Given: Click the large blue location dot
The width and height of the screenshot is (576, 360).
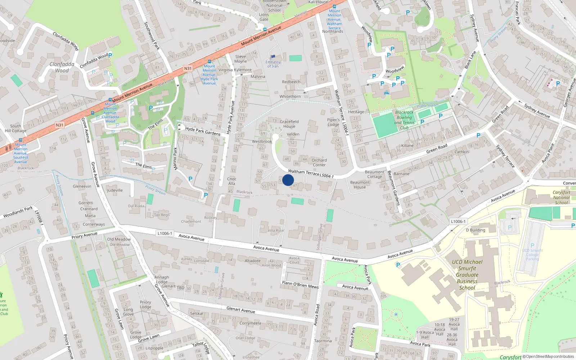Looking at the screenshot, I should [288, 180].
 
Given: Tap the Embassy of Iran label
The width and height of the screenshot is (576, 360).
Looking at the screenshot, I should [273, 64].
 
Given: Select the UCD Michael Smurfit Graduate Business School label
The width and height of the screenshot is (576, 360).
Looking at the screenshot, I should [467, 275].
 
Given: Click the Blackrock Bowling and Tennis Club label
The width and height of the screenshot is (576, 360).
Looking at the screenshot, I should [404, 120].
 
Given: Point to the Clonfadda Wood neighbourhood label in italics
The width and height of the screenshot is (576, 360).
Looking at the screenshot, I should [62, 67].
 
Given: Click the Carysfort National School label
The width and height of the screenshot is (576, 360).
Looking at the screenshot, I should [562, 197].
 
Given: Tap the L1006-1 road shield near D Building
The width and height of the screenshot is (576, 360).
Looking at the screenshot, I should [458, 221].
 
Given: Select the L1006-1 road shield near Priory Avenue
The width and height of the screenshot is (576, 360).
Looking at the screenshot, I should [165, 233].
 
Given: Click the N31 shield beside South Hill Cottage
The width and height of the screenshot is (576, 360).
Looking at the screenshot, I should [59, 125].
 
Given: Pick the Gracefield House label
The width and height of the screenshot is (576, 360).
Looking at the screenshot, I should [289, 124].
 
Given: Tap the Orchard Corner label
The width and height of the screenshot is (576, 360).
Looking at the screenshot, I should [319, 162].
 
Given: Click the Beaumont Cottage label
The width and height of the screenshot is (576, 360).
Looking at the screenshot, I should [375, 174].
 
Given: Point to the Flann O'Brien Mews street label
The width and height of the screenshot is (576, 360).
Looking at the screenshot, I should [300, 285].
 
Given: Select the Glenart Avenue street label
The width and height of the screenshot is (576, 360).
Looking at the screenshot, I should [240, 310].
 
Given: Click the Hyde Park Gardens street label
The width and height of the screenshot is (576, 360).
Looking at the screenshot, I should [203, 131].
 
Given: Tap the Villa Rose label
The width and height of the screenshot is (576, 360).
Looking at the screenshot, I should [276, 230].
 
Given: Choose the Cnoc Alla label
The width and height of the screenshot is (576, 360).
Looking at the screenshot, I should [232, 181].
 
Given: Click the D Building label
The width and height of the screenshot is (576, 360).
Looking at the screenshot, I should [476, 230].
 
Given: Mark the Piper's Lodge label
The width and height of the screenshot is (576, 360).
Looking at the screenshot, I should [333, 122].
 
